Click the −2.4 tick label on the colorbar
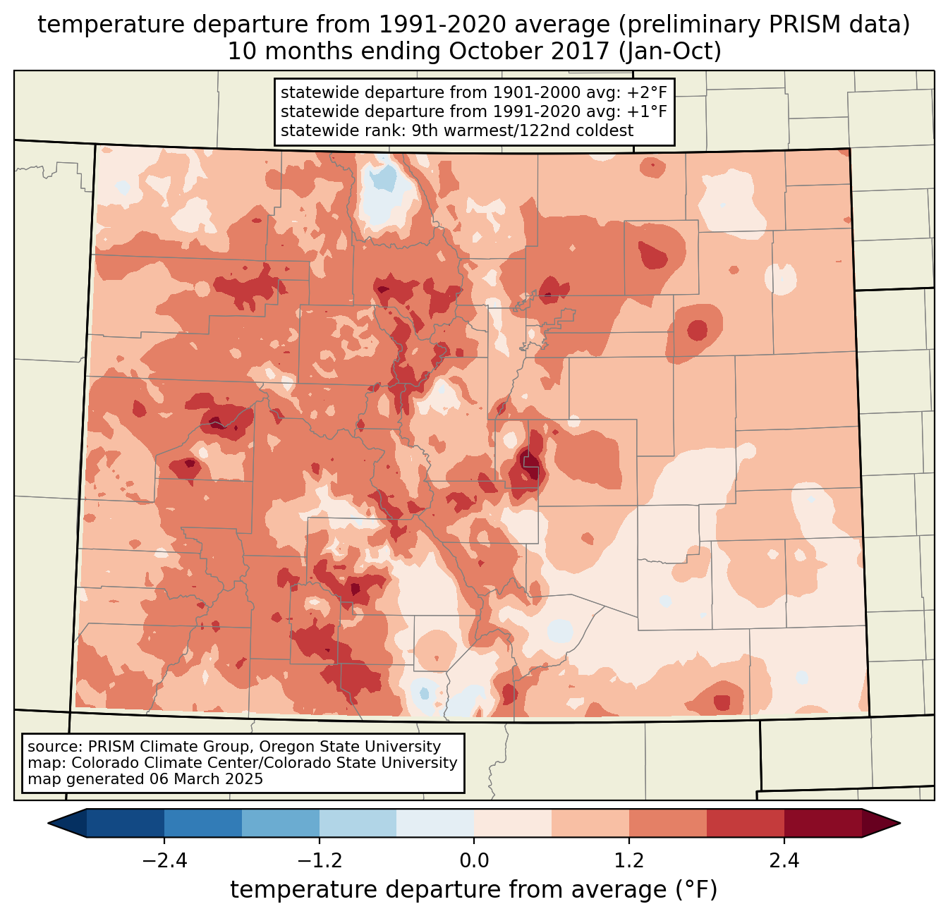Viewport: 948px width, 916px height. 164,861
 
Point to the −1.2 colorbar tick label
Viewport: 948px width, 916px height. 319,861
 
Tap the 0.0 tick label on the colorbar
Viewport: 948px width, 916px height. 474,861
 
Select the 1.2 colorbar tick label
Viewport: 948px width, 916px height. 629,861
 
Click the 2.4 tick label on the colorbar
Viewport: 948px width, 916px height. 784,861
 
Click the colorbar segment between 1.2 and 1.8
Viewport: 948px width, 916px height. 668,823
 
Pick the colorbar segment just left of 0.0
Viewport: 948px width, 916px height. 435,823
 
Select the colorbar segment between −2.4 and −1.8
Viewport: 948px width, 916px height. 203,823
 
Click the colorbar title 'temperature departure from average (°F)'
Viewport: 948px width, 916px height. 474,890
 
